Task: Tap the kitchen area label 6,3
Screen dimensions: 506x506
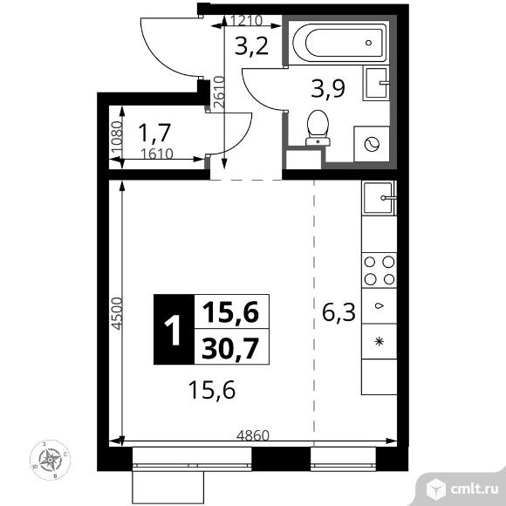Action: (338, 311)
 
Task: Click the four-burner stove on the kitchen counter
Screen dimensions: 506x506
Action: (378, 270)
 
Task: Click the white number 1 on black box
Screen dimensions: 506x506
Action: (174, 330)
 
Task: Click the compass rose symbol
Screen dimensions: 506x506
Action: (51, 459)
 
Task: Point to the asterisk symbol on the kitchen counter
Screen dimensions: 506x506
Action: (378, 339)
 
